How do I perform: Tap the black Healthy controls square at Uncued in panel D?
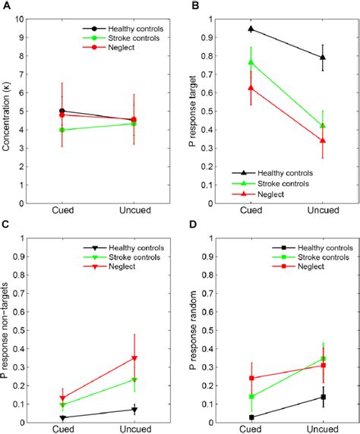[x=323, y=397]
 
